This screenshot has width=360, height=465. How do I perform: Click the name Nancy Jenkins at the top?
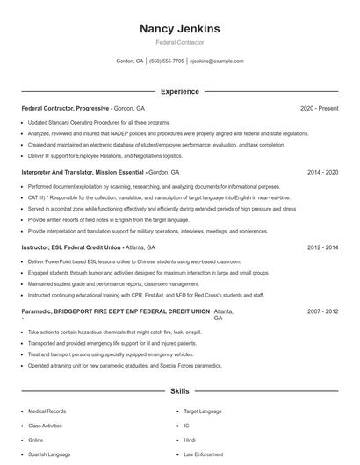(179, 29)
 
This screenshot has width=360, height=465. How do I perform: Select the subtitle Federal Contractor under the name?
(179, 42)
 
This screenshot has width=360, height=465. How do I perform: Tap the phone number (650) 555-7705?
(167, 61)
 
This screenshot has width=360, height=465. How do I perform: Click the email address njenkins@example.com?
(217, 61)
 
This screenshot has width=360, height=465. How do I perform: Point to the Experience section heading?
(179, 91)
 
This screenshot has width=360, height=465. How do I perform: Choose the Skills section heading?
(179, 392)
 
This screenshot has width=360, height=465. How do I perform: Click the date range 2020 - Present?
(319, 108)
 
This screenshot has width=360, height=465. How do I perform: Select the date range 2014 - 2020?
(322, 173)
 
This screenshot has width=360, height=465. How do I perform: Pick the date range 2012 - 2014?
(322, 247)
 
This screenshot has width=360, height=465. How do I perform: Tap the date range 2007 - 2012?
(322, 311)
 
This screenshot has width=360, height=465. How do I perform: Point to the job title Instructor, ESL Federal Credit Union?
(71, 247)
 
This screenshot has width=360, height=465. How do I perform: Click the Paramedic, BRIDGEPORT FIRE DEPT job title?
(115, 311)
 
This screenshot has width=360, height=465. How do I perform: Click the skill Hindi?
(189, 440)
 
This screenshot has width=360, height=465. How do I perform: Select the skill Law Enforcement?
(202, 454)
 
